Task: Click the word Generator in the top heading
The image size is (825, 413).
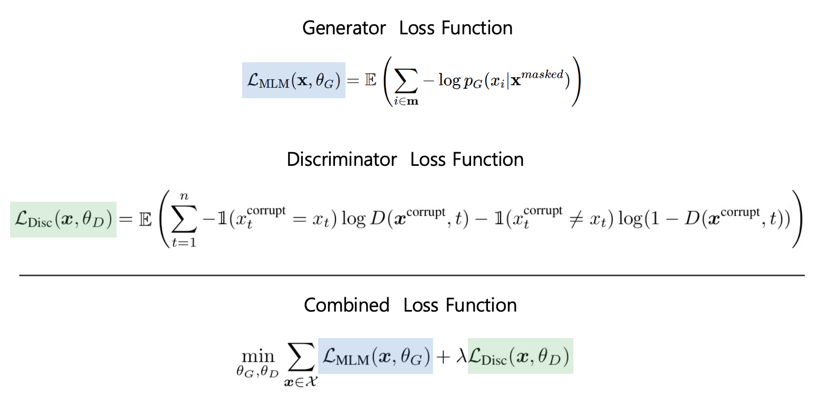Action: click(344, 28)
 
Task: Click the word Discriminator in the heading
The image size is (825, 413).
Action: click(341, 159)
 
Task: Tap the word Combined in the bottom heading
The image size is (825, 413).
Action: click(346, 305)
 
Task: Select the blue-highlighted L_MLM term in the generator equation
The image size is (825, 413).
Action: click(293, 80)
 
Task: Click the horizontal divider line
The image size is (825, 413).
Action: click(411, 275)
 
